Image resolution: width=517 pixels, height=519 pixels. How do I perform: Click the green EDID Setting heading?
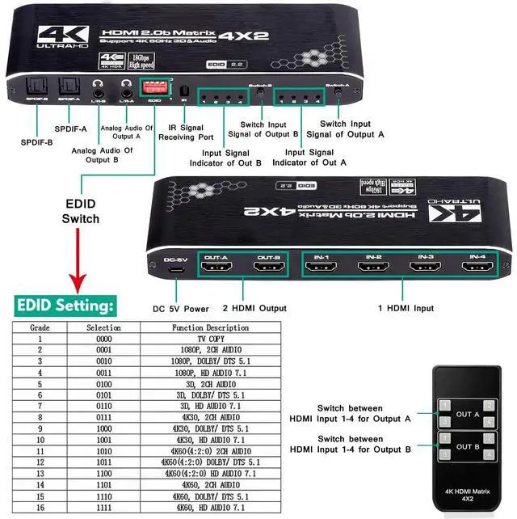tap(66, 306)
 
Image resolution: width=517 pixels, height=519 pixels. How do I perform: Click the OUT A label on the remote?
tap(467, 415)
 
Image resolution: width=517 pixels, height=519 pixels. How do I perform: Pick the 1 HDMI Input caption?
tap(406, 308)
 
